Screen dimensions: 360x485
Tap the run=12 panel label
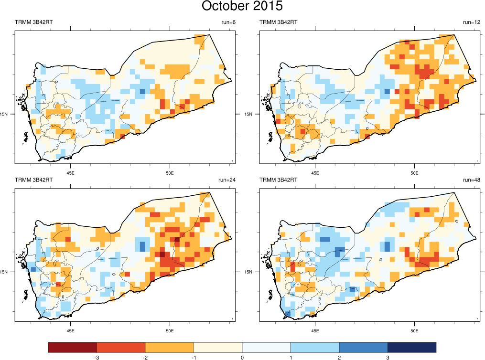pos(471,22)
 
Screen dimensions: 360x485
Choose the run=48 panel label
pos(471,180)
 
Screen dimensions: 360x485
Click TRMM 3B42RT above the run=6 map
pos(33,22)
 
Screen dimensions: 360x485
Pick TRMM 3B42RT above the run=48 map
pos(278,180)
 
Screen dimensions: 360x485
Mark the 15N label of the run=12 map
pos(248,114)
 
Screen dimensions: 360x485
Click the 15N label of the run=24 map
pos(4,272)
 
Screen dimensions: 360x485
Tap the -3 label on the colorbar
pos(97,357)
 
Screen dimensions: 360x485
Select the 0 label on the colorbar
pos(242,357)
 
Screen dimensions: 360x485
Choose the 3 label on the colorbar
pos(388,357)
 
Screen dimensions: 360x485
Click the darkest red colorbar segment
pos(73,347)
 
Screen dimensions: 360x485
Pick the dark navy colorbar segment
pos(412,347)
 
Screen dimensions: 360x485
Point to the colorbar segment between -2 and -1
pos(169,347)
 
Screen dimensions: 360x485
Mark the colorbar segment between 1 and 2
pos(315,347)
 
